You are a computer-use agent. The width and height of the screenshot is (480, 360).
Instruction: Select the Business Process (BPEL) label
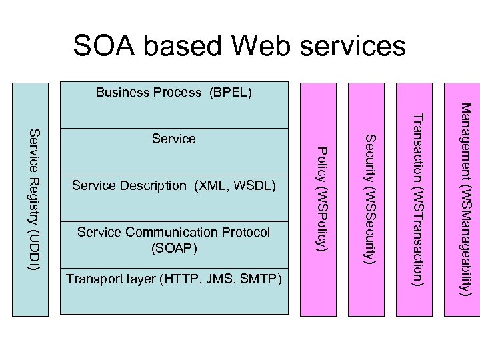click(173, 93)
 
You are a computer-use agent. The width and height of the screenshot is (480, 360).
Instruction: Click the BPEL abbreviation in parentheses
click(231, 93)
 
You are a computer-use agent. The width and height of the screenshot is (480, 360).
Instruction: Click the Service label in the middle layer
click(174, 139)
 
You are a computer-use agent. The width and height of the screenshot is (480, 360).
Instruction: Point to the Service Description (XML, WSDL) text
click(174, 185)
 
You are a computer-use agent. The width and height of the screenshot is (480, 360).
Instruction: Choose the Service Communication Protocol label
click(174, 232)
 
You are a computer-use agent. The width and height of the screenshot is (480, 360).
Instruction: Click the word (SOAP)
click(174, 247)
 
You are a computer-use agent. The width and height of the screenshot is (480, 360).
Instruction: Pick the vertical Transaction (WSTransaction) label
click(418, 200)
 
